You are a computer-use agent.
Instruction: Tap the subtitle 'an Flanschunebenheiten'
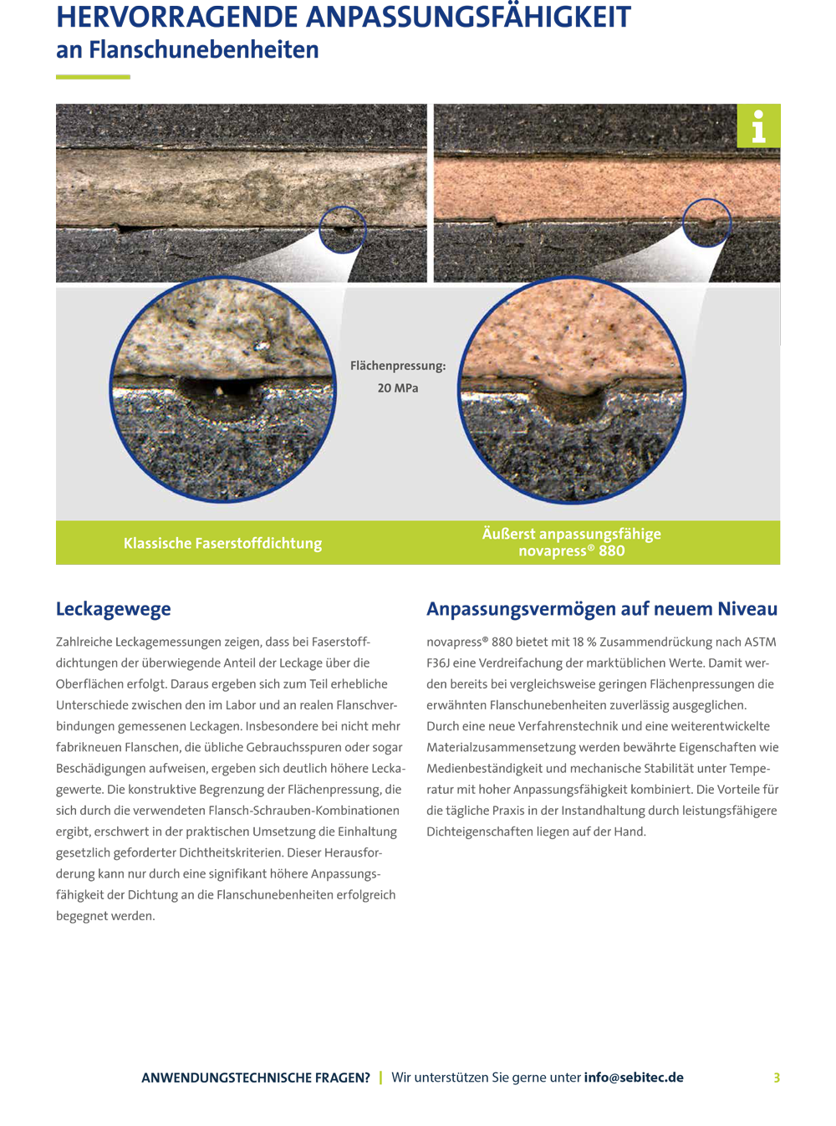(x=187, y=50)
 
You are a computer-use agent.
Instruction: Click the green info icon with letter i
(x=758, y=126)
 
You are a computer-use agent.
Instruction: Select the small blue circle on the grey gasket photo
(x=343, y=229)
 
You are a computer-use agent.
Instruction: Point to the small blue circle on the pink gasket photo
(x=706, y=223)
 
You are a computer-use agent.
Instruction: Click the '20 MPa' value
(x=398, y=388)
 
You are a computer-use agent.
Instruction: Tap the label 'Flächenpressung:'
(x=398, y=366)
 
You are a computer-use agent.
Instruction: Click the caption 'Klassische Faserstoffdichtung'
(x=222, y=544)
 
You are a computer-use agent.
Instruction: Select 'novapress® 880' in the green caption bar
(x=572, y=551)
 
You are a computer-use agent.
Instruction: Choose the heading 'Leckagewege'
(x=114, y=609)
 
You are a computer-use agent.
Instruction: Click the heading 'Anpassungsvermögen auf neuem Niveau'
(x=602, y=609)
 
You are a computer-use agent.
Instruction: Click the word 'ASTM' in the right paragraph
(x=760, y=642)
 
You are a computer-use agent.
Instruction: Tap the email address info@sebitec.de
(x=634, y=1077)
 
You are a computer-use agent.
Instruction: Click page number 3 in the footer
(x=777, y=1077)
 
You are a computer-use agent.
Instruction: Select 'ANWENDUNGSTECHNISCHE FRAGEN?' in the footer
(x=256, y=1077)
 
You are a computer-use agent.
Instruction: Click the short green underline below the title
(x=93, y=77)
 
